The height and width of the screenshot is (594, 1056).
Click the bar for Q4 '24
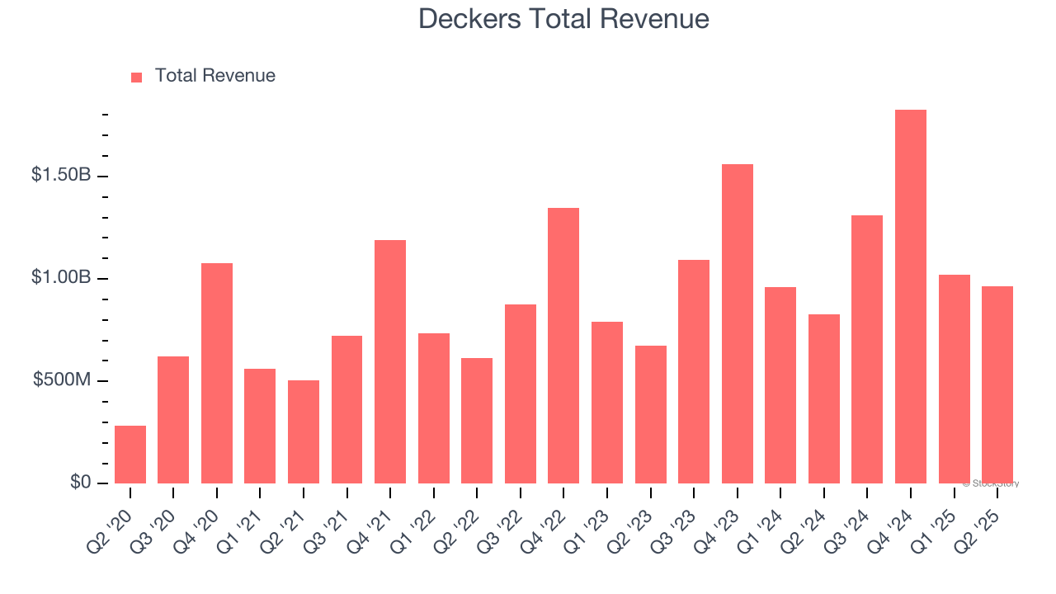click(911, 297)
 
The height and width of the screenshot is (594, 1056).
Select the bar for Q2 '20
click(130, 455)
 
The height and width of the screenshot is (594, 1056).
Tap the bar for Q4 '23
click(738, 323)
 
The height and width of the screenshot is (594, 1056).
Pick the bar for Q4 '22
click(563, 346)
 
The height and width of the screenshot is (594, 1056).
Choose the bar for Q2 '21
click(304, 431)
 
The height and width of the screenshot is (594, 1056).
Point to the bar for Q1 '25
click(954, 379)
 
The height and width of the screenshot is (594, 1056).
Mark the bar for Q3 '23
click(694, 371)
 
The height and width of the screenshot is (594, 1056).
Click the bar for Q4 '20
click(217, 373)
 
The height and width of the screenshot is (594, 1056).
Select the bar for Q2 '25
click(997, 384)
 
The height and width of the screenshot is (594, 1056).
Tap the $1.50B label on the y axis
click(60, 176)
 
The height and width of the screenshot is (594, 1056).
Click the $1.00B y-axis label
click(60, 278)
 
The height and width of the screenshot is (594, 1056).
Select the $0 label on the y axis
click(79, 482)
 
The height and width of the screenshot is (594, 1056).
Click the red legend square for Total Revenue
click(137, 78)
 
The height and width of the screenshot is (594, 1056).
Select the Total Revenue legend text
click(215, 76)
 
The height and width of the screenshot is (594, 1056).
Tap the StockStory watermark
click(991, 483)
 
